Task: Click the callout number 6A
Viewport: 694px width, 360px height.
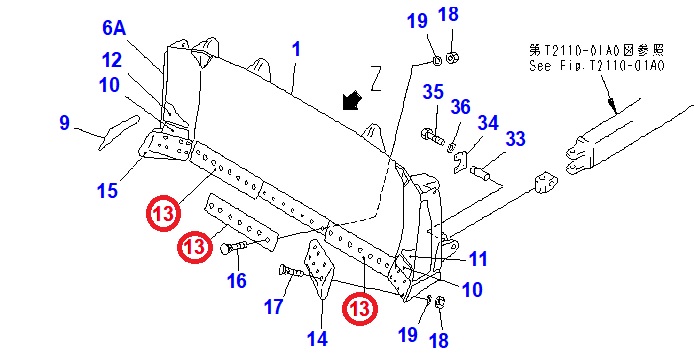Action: click(114, 28)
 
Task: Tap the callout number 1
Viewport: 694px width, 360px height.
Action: click(297, 49)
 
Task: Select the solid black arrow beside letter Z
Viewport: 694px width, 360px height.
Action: click(352, 101)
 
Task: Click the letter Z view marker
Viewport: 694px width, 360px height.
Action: click(376, 78)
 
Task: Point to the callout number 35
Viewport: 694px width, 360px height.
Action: click(433, 92)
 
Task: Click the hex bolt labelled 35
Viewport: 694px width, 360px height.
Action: click(432, 136)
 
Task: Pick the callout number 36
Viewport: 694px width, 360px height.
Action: click(460, 107)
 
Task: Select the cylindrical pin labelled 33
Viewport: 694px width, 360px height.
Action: click(481, 173)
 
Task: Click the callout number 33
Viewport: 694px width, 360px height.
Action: click(515, 139)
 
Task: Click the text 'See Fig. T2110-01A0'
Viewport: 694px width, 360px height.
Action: click(597, 66)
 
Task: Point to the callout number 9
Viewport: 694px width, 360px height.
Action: click(65, 122)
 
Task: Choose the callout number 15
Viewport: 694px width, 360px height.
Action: click(108, 191)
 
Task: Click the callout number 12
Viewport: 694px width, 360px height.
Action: click(111, 60)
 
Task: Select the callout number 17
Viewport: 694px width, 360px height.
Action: click(273, 306)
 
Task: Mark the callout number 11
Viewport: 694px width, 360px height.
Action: click(478, 259)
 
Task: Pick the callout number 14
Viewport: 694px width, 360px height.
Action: click(317, 339)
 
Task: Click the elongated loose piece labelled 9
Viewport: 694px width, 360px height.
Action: click(119, 132)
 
